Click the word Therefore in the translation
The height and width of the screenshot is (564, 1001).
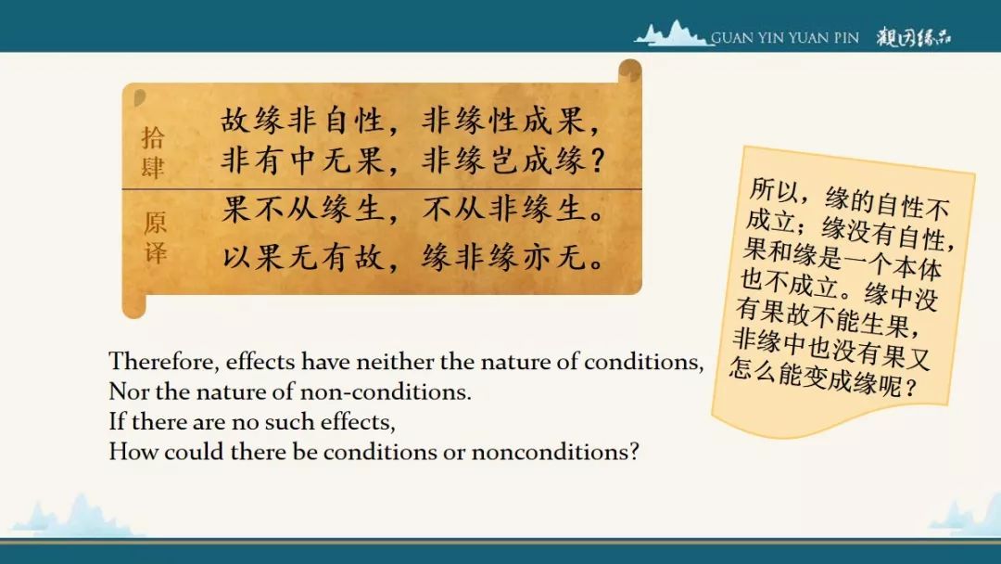click(x=163, y=362)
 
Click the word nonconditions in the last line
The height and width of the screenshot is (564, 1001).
click(x=555, y=452)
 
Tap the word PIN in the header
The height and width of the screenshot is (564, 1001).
click(x=845, y=38)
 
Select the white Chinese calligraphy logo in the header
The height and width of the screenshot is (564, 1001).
click(x=914, y=37)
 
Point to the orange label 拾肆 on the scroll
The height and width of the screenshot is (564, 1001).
click(x=153, y=152)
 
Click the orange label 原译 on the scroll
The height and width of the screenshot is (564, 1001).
click(x=155, y=237)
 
